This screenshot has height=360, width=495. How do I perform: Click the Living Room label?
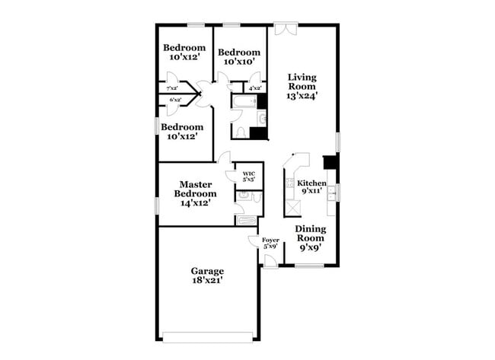tap(302, 86)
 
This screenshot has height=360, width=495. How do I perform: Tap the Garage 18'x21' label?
tap(207, 275)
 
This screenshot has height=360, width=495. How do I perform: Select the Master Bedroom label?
tap(196, 193)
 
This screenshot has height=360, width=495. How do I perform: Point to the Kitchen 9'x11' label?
tap(311, 187)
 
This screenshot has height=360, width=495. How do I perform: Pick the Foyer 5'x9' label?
tap(270, 243)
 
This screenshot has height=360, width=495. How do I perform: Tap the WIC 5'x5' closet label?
tap(249, 177)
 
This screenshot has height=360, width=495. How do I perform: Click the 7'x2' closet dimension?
tap(173, 89)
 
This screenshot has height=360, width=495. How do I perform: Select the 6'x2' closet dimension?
tap(174, 100)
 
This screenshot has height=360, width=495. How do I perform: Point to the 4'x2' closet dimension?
tap(254, 89)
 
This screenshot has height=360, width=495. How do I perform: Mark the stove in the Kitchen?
tap(289, 182)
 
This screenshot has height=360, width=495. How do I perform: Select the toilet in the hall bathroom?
tap(241, 132)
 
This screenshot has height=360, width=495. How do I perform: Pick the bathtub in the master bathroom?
tap(247, 220)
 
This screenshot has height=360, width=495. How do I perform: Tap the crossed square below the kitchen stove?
tap(290, 207)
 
